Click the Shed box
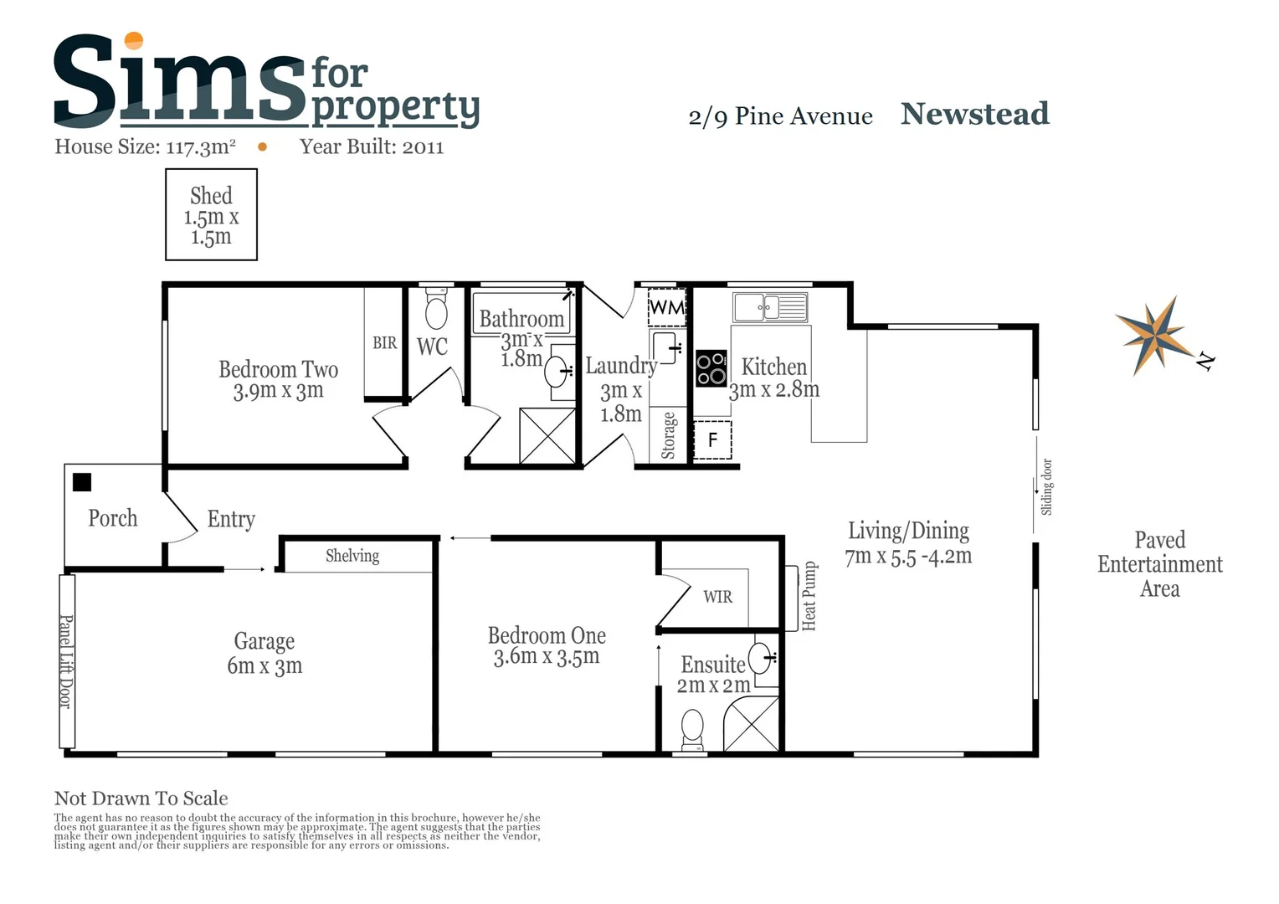[211, 215]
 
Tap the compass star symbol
[1156, 336]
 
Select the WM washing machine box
[667, 307]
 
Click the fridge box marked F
[712, 440]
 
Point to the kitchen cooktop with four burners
[711, 368]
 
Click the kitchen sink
[770, 307]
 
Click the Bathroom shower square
[547, 435]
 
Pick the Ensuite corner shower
[753, 723]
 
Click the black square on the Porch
[82, 482]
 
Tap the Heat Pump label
[809, 596]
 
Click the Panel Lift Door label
[66, 661]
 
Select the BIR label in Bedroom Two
[384, 343]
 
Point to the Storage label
[668, 435]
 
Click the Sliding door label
[1046, 486]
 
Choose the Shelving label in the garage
[352, 556]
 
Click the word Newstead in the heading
[974, 114]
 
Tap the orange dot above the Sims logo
[133, 40]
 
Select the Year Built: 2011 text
[372, 147]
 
